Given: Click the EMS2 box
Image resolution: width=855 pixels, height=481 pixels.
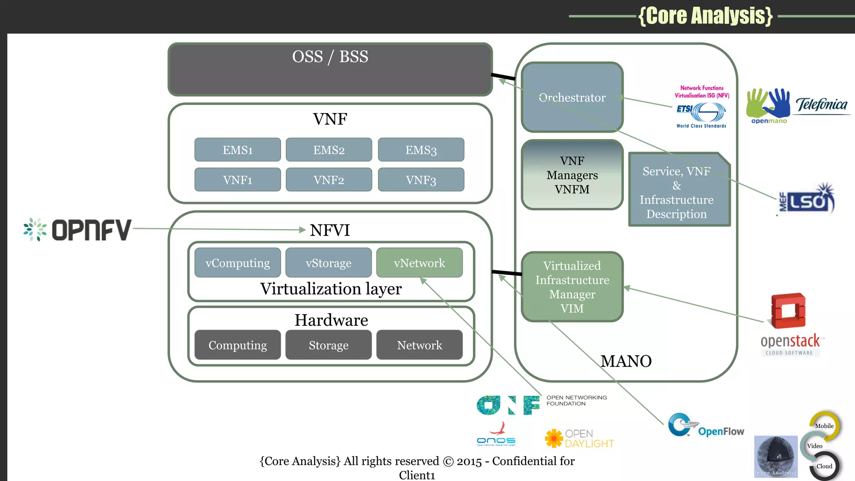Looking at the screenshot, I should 329,150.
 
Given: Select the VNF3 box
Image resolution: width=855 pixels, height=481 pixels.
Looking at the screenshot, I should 421,180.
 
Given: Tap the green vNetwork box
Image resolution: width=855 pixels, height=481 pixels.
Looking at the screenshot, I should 419,263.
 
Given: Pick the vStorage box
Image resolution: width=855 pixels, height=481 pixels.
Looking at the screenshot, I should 328,263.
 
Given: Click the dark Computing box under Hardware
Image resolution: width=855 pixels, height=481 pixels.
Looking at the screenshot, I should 238,345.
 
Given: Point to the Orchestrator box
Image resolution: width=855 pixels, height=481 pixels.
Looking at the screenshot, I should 572,97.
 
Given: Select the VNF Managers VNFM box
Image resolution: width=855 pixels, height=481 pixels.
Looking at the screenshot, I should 572,175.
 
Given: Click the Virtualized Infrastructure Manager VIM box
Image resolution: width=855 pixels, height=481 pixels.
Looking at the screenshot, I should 572,287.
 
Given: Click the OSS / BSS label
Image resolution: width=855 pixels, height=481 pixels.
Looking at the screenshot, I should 330,57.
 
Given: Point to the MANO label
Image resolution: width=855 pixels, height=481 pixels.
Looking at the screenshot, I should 626,361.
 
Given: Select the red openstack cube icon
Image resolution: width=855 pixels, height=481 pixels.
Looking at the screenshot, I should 788,311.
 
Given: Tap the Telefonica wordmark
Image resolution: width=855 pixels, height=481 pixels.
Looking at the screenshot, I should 821,104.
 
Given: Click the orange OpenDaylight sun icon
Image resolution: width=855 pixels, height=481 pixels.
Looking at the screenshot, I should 554,438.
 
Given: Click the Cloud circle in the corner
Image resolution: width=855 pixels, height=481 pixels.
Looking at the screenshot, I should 824,466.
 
